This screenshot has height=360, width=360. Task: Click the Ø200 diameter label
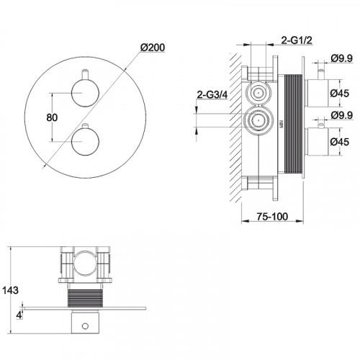(x=153, y=48)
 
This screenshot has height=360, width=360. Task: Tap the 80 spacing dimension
(x=52, y=117)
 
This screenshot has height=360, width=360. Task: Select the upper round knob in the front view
(x=85, y=93)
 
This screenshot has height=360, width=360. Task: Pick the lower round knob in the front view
(x=85, y=142)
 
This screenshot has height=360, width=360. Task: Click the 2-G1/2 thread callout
(x=297, y=40)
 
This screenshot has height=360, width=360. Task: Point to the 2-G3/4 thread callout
(x=212, y=95)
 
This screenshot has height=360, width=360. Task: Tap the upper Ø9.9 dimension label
(x=341, y=58)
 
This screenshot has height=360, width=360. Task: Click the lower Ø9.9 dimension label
(x=341, y=115)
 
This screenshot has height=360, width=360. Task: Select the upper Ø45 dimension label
(x=339, y=93)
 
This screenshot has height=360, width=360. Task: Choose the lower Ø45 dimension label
(x=339, y=142)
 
